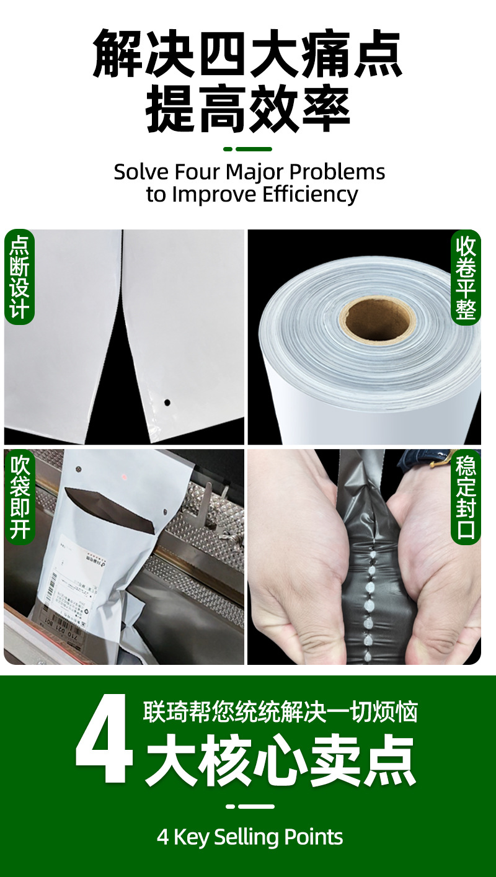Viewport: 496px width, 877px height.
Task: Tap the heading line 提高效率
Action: [248, 111]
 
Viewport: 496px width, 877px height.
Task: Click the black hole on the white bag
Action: [166, 402]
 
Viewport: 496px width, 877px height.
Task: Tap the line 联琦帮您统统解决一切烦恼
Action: [280, 712]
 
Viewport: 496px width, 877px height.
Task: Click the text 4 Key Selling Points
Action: [250, 837]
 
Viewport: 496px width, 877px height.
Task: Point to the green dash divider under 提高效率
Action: [247, 149]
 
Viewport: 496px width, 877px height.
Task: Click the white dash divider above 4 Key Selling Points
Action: [249, 806]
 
